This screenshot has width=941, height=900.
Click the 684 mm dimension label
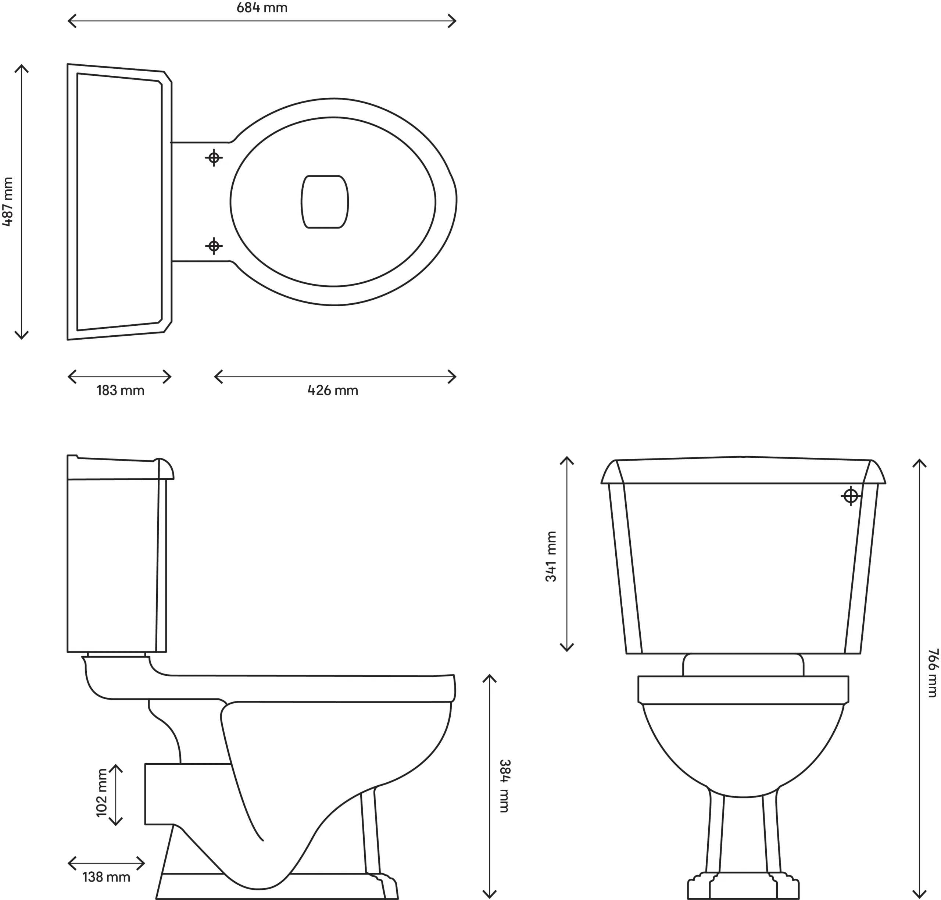(262, 8)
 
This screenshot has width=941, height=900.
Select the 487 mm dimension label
(8, 201)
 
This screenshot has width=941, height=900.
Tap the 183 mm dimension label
(121, 390)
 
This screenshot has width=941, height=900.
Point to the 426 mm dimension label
(333, 390)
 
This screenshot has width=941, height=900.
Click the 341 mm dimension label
(551, 557)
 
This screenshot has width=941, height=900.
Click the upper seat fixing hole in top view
(214, 157)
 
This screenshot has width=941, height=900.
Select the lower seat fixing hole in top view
(214, 246)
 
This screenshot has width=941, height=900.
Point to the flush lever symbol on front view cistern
(850, 496)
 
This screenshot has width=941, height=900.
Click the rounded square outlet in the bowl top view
(325, 201)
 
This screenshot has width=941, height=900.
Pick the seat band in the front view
(743, 690)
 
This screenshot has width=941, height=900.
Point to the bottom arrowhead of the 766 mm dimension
(919, 895)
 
